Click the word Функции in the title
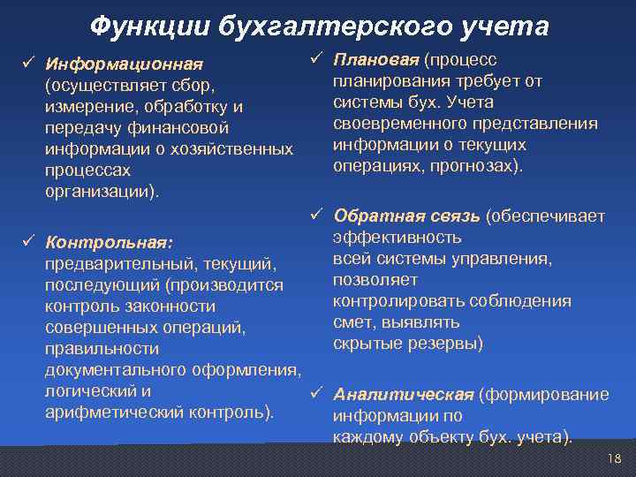pyautogui.click(x=141, y=27)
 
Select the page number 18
pyautogui.click(x=615, y=458)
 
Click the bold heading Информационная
pyautogui.click(x=125, y=64)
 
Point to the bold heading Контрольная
pyautogui.click(x=109, y=242)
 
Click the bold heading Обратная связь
pyautogui.click(x=406, y=216)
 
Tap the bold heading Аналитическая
pyautogui.click(x=403, y=394)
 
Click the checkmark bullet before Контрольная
pyautogui.click(x=27, y=241)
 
